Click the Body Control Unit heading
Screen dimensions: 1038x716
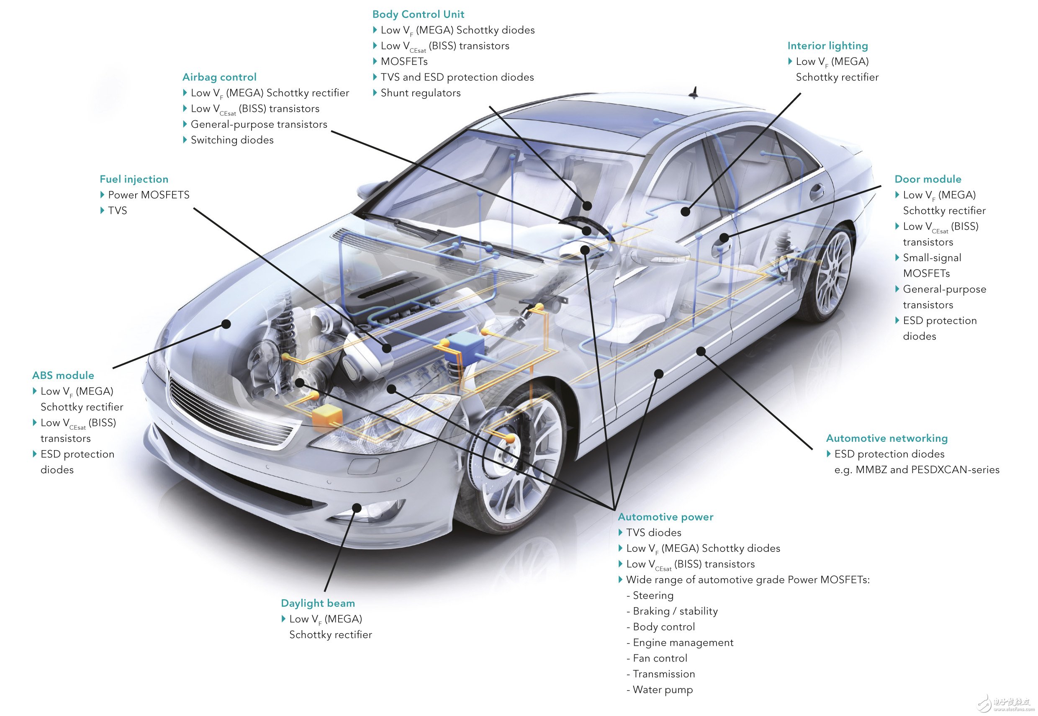click(x=418, y=14)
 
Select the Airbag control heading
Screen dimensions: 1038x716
click(x=219, y=77)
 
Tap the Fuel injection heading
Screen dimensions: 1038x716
click(x=134, y=180)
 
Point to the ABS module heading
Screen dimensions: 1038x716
click(x=63, y=376)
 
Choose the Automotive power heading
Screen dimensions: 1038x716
click(x=665, y=517)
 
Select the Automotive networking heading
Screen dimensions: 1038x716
click(x=887, y=438)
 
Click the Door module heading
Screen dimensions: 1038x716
click(x=928, y=180)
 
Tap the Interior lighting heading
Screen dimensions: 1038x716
click(x=828, y=46)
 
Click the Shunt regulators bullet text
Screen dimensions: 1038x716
click(x=421, y=93)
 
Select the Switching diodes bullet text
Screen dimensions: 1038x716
click(x=232, y=140)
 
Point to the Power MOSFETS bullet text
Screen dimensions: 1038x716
click(x=149, y=195)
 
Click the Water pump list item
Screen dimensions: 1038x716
click(x=662, y=690)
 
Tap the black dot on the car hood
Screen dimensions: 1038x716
click(x=226, y=323)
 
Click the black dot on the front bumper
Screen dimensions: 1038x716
click(x=357, y=508)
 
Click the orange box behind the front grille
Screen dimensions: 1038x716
click(x=327, y=417)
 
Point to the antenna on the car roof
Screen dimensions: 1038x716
click(x=695, y=93)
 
